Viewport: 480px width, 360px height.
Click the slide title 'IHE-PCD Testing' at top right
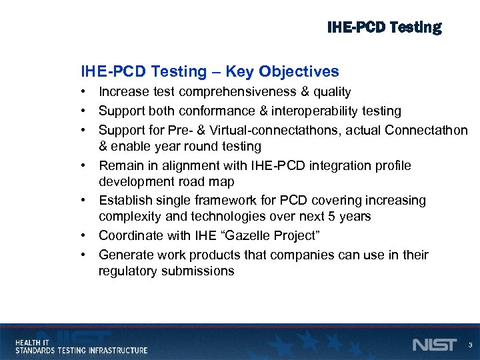[x=384, y=27]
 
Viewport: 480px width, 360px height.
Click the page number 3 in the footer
[x=470, y=345]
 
